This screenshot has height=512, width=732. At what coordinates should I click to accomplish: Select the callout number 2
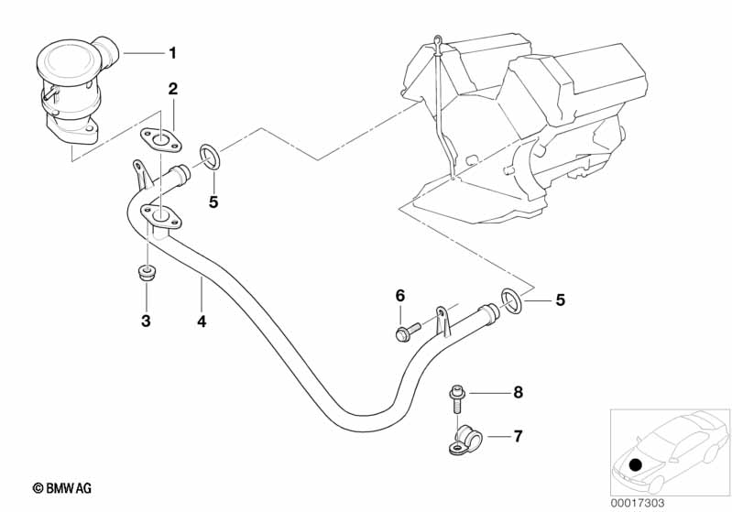(171, 89)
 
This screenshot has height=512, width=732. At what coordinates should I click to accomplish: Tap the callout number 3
(146, 321)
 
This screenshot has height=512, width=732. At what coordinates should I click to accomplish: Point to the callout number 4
(202, 321)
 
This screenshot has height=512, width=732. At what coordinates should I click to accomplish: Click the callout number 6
(399, 295)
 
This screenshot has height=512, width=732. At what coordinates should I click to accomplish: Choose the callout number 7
(518, 435)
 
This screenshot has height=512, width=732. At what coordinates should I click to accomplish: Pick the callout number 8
(518, 392)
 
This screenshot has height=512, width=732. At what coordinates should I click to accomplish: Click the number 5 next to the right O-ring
(561, 299)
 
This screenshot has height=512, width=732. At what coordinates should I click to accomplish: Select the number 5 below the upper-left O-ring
(213, 202)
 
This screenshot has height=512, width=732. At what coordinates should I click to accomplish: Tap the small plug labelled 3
(145, 272)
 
